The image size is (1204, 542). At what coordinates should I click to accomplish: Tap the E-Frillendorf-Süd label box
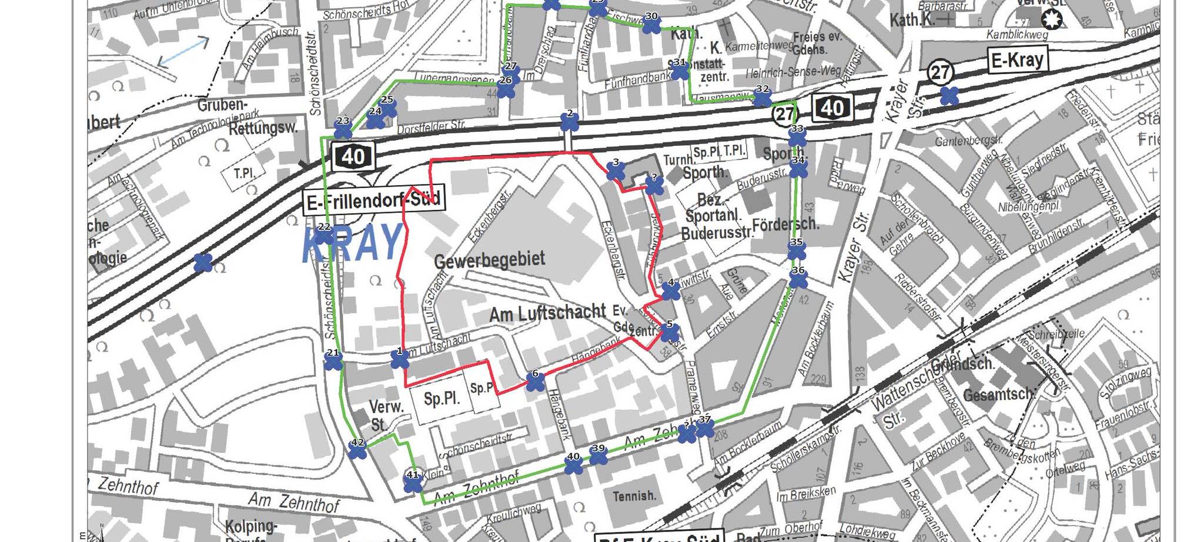pyautogui.click(x=374, y=202)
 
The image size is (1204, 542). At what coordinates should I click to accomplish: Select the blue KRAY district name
pyautogui.click(x=353, y=243)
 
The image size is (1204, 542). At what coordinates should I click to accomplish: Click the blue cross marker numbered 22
pyautogui.click(x=324, y=236)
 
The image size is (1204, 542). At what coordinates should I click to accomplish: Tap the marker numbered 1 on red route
pyautogui.click(x=400, y=360)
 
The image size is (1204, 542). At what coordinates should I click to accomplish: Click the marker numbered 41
pyautogui.click(x=413, y=483)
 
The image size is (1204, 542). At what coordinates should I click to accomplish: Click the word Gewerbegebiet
pyautogui.click(x=489, y=260)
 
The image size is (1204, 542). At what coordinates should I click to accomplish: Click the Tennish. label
pyautogui.click(x=634, y=496)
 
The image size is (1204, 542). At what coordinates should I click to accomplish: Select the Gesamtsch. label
pyautogui.click(x=997, y=394)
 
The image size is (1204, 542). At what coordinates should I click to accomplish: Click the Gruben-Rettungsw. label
pyautogui.click(x=247, y=116)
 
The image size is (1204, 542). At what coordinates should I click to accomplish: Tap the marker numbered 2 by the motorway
pyautogui.click(x=569, y=122)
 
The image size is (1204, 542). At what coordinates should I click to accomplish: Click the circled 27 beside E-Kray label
pyautogui.click(x=940, y=72)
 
